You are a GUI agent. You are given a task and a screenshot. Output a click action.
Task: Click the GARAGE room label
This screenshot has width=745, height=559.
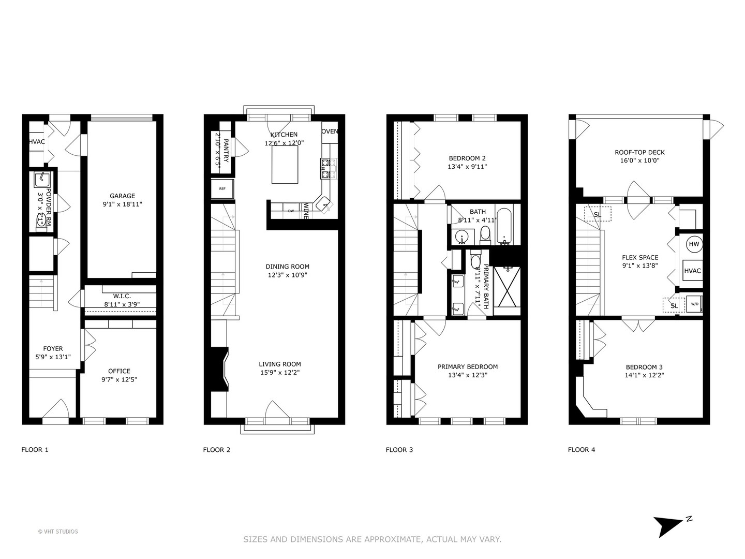pyautogui.click(x=122, y=196)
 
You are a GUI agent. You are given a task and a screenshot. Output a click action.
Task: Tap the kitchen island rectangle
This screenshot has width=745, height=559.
pyautogui.click(x=285, y=165)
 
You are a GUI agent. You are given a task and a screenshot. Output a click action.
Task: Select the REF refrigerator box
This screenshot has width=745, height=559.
pyautogui.click(x=222, y=189)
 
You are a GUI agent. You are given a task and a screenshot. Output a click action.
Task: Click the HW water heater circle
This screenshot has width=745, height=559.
pyautogui.click(x=694, y=244)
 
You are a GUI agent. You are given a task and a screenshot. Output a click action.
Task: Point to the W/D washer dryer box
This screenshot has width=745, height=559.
pyautogui.click(x=694, y=304)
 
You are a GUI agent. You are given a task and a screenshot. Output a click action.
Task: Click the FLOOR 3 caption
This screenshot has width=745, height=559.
pyautogui.click(x=399, y=449)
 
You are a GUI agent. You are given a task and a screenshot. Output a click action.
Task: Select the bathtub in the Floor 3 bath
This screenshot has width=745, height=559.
pyautogui.click(x=504, y=226)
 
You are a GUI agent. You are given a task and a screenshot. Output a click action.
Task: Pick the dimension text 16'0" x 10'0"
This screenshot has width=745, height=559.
pyautogui.click(x=639, y=160)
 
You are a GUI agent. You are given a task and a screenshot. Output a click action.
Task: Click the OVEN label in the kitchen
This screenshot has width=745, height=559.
pyautogui.click(x=330, y=131)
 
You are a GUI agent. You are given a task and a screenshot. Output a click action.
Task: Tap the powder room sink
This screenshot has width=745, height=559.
pyautogui.click(x=41, y=180)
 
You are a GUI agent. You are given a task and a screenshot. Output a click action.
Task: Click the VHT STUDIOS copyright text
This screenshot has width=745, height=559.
pyautogui.click(x=58, y=532)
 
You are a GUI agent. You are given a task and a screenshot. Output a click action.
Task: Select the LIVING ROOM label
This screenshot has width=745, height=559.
pyautogui.click(x=280, y=364)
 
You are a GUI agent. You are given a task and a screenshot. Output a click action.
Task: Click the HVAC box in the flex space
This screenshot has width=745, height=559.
pyautogui.click(x=692, y=271)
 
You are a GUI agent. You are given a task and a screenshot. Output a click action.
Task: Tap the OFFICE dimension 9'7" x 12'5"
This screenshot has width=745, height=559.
pyautogui.click(x=119, y=379)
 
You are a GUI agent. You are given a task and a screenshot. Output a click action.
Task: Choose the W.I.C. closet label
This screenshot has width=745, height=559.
pyautogui.click(x=122, y=296)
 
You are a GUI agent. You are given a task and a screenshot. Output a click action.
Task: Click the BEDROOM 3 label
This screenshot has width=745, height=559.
pyautogui.click(x=644, y=367)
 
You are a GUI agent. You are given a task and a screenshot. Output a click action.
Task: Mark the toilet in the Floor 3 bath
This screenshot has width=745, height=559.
pyautogui.click(x=485, y=234)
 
